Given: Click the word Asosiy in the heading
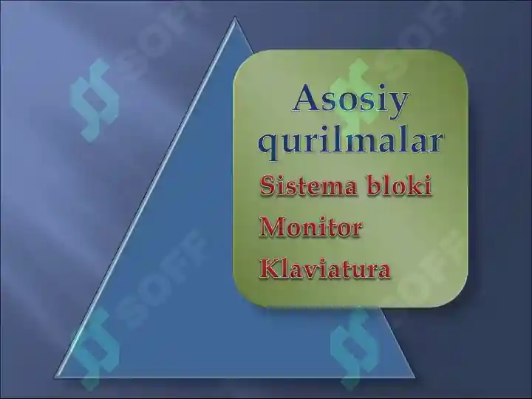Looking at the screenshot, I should (x=349, y=99).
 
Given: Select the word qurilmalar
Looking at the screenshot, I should (x=350, y=140).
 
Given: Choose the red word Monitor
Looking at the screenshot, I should (x=310, y=227).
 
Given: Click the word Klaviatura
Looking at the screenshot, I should (x=324, y=269).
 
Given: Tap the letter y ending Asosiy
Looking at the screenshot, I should (x=397, y=103).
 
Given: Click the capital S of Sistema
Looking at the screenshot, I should (x=267, y=185).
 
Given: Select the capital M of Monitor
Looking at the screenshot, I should (x=271, y=227).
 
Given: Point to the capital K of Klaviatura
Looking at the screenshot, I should (x=268, y=269).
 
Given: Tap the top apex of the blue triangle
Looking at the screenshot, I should (x=235, y=18).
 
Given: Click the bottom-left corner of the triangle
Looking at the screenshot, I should (x=53, y=378).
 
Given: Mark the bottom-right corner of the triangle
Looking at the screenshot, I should (x=415, y=378).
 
